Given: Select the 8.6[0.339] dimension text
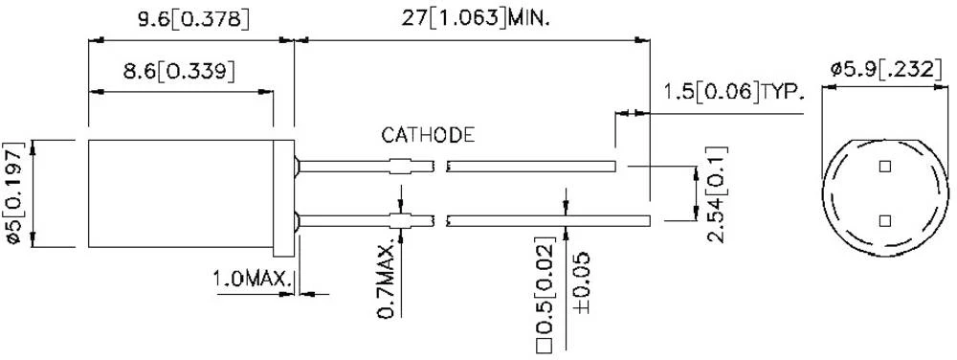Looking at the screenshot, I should click(x=180, y=72).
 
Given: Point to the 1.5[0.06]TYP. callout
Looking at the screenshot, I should click(x=734, y=92).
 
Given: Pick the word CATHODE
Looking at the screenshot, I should click(x=428, y=135).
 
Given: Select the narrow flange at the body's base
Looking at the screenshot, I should click(x=283, y=196).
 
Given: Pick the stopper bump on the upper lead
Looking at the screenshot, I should click(x=403, y=166).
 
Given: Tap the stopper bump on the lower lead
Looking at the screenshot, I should click(x=403, y=221).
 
